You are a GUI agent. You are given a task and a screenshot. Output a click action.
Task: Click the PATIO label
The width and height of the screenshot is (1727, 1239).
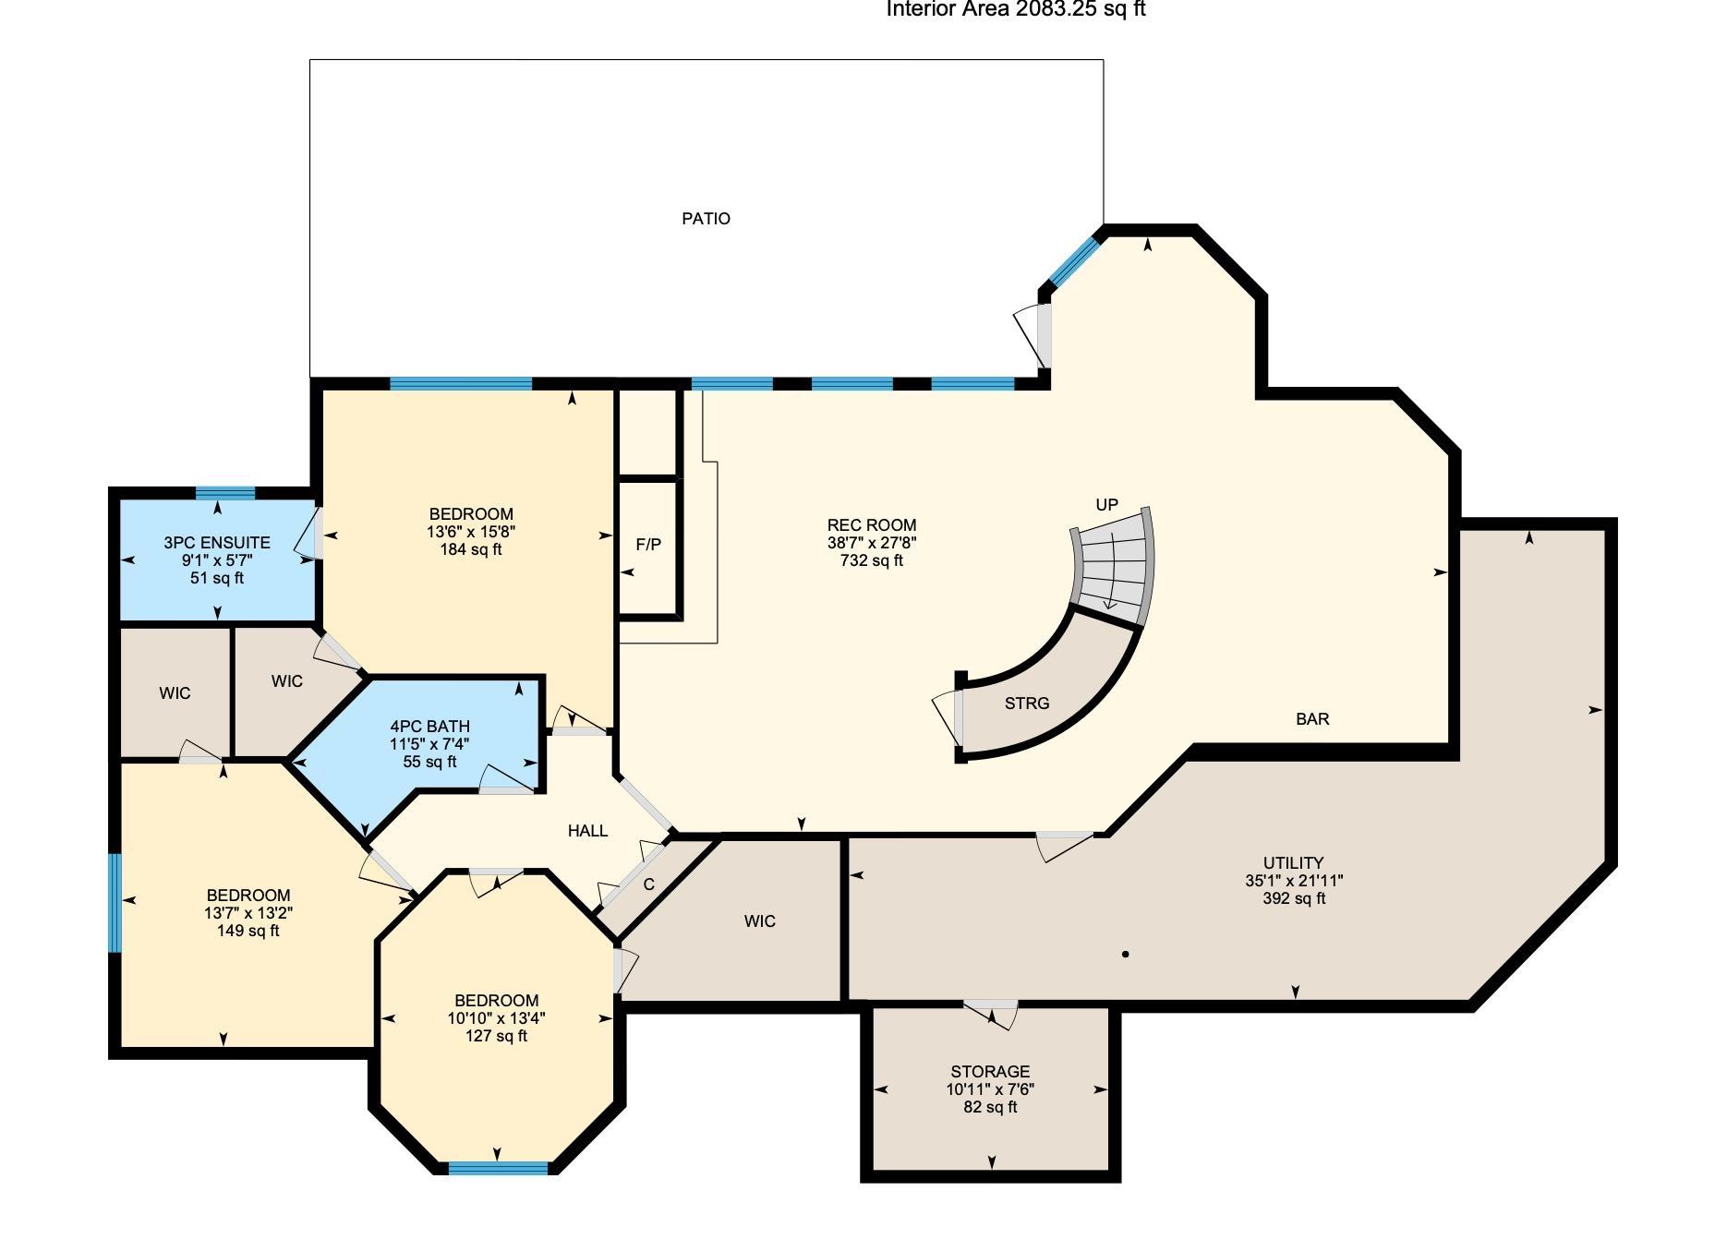point(706,219)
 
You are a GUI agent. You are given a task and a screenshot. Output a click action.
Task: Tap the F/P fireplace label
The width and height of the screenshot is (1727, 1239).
point(648,545)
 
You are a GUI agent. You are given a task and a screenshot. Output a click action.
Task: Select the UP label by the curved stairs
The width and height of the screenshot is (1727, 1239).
point(1106,505)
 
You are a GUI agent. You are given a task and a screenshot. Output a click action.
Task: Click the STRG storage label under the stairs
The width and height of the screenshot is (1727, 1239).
point(1027,704)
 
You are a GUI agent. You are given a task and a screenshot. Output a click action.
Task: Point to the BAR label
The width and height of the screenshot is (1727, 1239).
point(1312,719)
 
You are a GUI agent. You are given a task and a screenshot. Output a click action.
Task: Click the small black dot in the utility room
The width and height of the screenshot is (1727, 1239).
point(1125,955)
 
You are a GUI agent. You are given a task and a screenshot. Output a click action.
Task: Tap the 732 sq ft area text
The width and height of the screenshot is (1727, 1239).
point(872,560)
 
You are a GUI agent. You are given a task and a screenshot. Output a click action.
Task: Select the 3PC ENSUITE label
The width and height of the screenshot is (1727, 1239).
point(217,543)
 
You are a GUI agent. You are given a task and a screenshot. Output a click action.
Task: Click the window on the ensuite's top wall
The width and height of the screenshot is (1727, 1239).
point(225,493)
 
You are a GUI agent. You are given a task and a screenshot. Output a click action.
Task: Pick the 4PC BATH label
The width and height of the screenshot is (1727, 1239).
point(429,727)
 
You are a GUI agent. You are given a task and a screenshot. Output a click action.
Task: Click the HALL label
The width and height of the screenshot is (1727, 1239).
point(587,831)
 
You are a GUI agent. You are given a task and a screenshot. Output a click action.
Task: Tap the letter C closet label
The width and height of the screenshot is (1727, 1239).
point(649,884)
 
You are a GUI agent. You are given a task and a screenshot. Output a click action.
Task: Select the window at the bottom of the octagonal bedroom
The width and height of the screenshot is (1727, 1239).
point(498,1168)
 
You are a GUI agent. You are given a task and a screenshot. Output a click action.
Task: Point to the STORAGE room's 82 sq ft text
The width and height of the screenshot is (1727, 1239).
point(990,1107)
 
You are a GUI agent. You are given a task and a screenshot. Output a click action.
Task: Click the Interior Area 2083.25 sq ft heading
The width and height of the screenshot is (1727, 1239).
point(1016,9)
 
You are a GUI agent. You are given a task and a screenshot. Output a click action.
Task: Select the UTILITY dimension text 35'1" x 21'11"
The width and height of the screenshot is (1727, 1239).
point(1294,881)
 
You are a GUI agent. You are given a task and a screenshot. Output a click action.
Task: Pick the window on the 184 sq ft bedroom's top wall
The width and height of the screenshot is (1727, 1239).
point(461,384)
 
